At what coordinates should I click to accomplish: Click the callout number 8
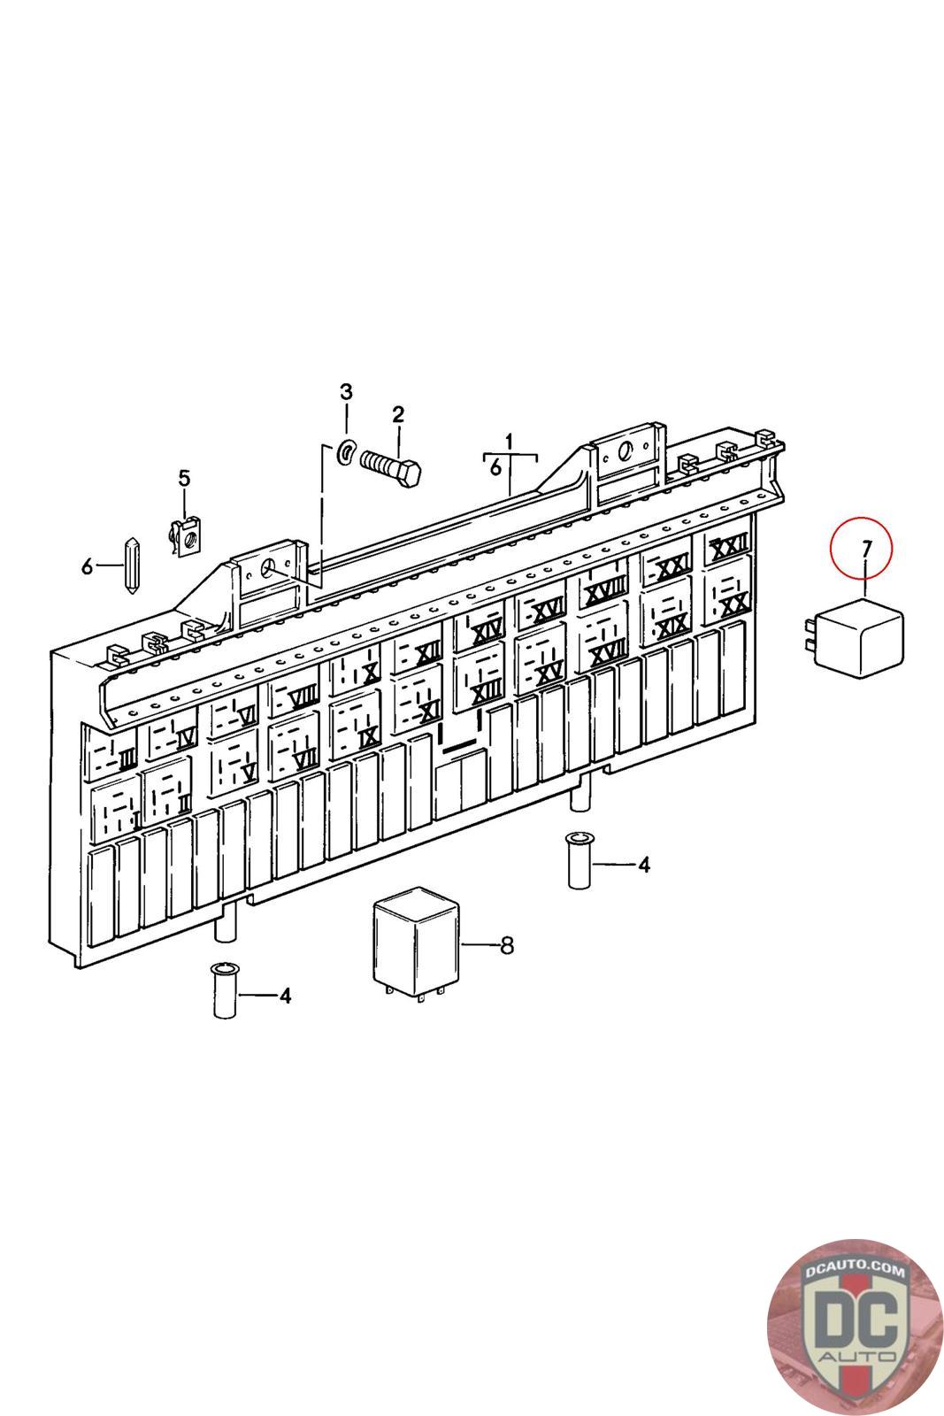(506, 946)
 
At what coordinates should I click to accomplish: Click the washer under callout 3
(346, 452)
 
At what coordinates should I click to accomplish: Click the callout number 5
(184, 479)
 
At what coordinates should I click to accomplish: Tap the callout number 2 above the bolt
(398, 415)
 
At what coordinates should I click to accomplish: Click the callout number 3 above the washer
(347, 392)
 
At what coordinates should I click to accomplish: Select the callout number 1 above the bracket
(510, 440)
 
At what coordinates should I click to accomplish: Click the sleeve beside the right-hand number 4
(579, 859)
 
